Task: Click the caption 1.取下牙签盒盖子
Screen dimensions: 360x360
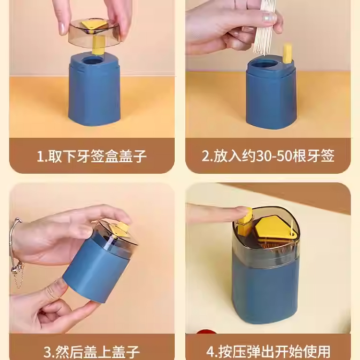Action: [x=92, y=156]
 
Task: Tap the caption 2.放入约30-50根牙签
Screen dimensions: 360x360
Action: [x=268, y=156]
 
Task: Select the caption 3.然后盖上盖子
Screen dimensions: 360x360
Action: [x=92, y=351]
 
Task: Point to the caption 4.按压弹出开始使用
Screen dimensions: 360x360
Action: [x=268, y=351]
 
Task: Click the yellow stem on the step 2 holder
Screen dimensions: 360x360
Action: [x=288, y=54]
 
